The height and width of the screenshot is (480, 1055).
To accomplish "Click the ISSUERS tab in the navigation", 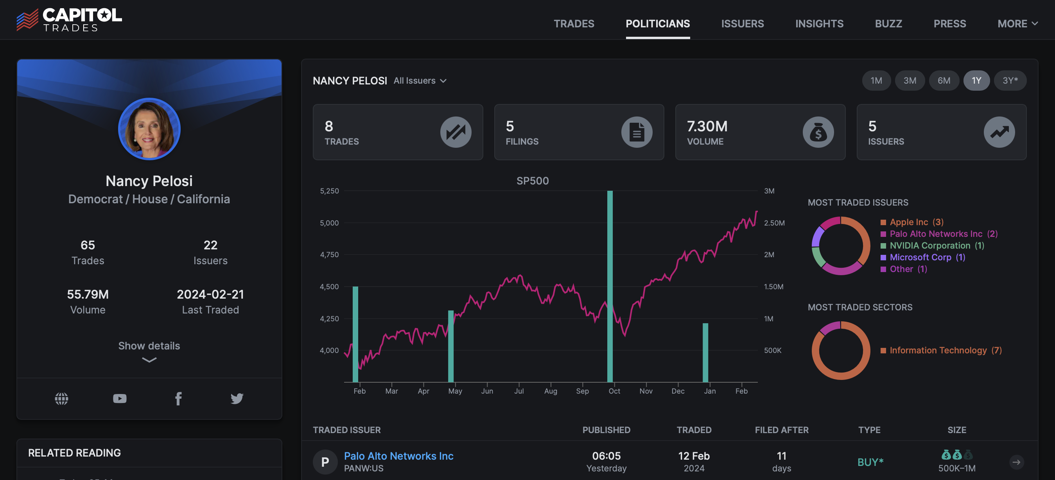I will click(x=742, y=24).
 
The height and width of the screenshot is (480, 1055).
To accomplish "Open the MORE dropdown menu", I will click(x=1017, y=24).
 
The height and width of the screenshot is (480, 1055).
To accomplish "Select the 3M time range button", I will click(x=910, y=81).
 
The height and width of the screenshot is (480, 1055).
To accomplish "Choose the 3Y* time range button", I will click(x=1010, y=81).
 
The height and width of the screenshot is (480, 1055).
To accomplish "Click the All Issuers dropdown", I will click(x=420, y=81).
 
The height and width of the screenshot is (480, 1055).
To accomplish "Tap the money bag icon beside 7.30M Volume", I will click(x=818, y=132).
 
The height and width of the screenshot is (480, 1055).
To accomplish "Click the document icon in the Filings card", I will click(x=637, y=132).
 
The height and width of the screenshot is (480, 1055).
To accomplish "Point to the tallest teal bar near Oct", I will click(x=610, y=287).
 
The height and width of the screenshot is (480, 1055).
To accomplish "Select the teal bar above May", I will click(x=450, y=346).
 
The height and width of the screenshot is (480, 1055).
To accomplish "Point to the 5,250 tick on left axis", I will click(x=329, y=191).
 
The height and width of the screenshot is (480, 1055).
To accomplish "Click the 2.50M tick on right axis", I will click(x=774, y=223).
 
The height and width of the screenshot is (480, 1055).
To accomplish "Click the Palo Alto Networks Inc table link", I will click(x=398, y=456).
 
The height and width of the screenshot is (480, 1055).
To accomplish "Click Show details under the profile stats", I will click(x=149, y=346).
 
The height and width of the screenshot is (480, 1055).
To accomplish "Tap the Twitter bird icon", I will click(x=237, y=398).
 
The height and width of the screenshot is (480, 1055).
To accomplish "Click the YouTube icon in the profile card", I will click(x=120, y=398).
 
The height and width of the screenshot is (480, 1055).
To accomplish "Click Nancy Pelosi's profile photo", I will click(x=149, y=129).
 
